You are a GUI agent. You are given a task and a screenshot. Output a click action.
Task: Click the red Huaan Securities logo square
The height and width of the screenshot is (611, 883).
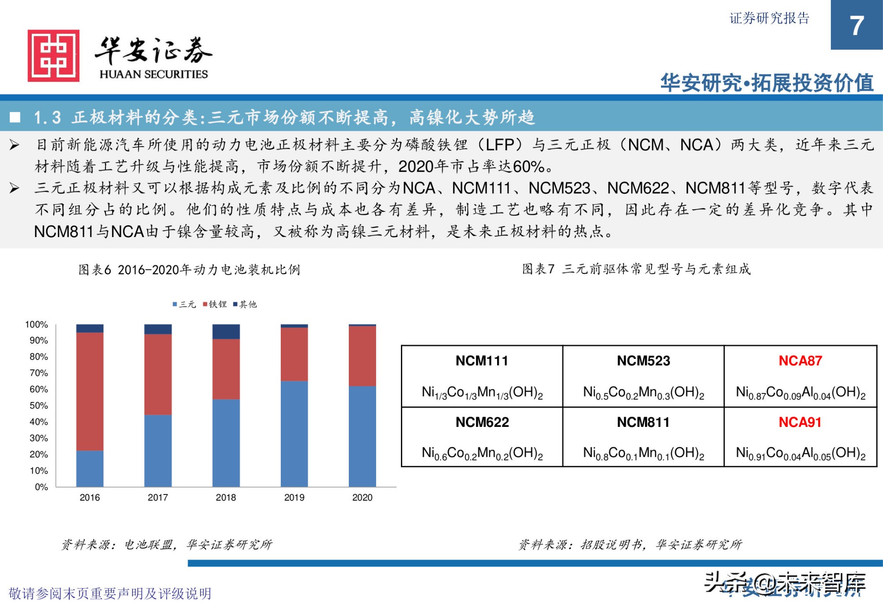53,56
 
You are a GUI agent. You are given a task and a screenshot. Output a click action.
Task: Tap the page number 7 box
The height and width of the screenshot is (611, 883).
856,25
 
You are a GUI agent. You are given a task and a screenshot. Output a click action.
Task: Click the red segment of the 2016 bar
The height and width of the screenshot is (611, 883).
90,391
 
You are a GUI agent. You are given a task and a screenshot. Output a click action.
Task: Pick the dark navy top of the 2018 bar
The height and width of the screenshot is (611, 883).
226,332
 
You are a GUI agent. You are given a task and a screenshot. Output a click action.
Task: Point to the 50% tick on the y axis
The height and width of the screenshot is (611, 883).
39,406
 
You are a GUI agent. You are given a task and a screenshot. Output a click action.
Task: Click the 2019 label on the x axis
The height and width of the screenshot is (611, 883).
294,498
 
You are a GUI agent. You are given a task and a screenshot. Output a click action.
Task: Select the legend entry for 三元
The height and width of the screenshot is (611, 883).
184,304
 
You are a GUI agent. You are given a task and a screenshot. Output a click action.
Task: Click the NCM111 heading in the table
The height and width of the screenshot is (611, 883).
482,361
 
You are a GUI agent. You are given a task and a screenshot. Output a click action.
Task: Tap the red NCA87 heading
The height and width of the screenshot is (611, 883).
800,361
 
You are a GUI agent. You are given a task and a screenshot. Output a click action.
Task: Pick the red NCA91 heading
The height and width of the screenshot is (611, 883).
800,422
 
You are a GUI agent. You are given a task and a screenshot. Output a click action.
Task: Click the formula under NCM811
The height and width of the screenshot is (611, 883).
643,453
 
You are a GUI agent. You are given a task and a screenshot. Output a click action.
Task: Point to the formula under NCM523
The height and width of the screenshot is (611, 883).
643,392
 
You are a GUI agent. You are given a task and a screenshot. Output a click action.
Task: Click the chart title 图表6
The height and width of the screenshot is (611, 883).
189,270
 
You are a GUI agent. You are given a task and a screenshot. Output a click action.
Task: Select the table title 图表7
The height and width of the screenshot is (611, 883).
636,269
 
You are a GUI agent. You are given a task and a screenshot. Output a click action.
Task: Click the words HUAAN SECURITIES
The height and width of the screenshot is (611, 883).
154,74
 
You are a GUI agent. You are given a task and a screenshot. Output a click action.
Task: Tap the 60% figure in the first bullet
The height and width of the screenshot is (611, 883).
528,167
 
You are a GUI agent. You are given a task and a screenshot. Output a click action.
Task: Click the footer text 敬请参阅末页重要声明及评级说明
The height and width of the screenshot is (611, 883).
110,593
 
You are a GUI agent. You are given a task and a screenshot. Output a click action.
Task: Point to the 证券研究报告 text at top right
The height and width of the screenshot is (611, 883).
769,18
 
